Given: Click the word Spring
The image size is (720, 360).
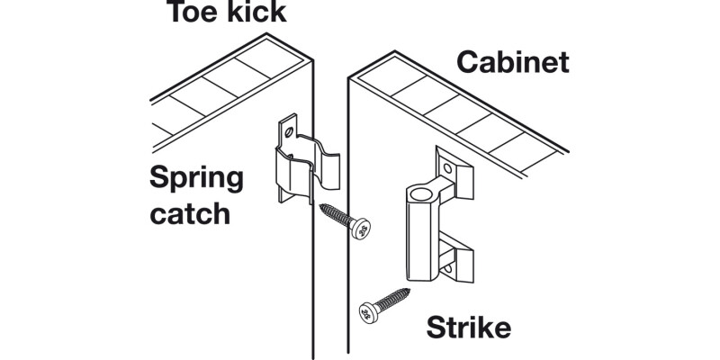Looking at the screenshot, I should click(x=196, y=179).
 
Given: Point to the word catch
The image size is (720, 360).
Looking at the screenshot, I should click(x=189, y=216).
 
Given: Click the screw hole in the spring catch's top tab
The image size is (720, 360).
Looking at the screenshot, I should click(x=289, y=131).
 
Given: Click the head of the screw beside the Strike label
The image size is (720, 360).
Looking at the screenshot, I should click(x=367, y=311).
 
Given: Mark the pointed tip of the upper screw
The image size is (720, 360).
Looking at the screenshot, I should click(x=319, y=208).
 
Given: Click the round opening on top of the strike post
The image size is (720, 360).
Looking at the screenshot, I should click(x=420, y=193).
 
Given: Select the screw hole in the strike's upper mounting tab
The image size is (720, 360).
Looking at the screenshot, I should click(x=449, y=167).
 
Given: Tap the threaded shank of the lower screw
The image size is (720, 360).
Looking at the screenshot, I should click(x=391, y=299).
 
